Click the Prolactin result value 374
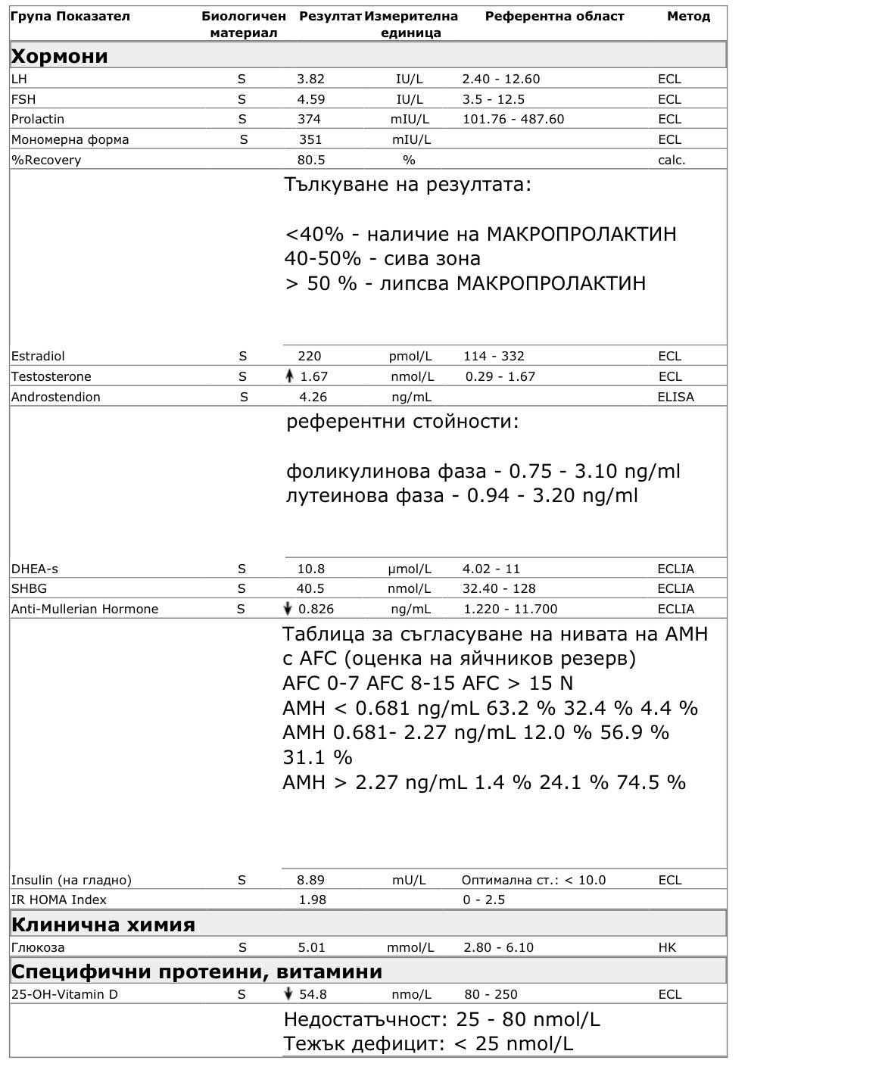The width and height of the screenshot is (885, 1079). pos(309,119)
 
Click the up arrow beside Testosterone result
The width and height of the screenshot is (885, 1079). pos(289,376)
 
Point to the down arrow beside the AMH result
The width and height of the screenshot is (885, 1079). pos(288,609)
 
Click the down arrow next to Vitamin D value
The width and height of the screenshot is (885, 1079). pos(288,994)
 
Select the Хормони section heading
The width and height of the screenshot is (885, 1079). pos(60,56)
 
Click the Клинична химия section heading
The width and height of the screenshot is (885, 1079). pos(103,925)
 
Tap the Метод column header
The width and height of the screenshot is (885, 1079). pos(688,17)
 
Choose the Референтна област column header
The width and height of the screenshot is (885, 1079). pos(554,17)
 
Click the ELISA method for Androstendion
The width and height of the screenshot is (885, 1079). pos(675,397)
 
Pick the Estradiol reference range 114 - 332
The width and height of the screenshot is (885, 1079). pos(494,356)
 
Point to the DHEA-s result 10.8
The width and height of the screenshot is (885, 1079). pos(310,569)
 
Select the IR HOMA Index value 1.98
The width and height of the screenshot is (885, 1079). pos(311,900)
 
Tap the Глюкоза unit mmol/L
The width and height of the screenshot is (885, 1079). pos(410,947)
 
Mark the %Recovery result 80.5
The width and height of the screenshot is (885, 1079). pos(310,160)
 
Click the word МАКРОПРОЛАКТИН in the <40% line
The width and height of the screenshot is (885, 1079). pos(581,234)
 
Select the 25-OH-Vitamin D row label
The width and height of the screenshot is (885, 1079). pos(64,994)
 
